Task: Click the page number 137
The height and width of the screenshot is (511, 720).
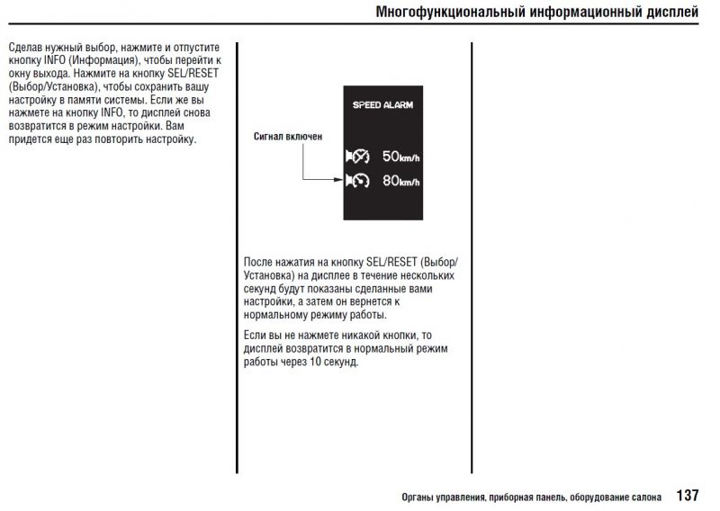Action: pos(687,495)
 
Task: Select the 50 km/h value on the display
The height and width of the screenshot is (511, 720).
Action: pos(400,157)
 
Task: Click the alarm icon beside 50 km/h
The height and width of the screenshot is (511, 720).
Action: pos(357,157)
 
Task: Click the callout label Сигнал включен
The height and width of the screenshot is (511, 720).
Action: pos(288,137)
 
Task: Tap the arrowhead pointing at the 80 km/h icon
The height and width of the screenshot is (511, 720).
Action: pos(339,180)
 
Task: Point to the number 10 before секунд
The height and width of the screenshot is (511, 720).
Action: pos(314,362)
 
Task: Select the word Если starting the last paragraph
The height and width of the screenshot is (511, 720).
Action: pos(255,335)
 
